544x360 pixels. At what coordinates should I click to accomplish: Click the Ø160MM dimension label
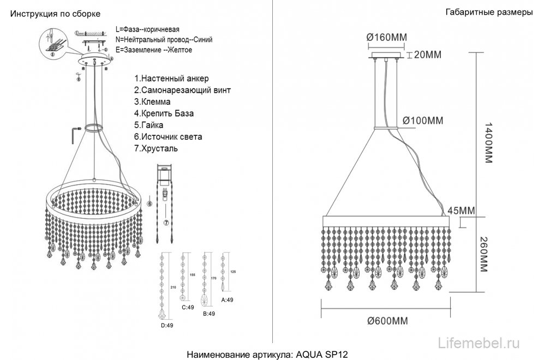tap(387, 37)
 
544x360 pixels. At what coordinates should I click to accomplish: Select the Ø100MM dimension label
tap(423, 120)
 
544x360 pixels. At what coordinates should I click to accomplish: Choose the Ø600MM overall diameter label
tap(388, 321)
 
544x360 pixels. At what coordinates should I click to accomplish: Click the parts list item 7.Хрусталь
tap(156, 148)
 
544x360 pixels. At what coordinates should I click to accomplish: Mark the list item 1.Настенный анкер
tap(171, 79)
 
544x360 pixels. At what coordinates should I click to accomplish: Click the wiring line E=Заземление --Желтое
tap(154, 50)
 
